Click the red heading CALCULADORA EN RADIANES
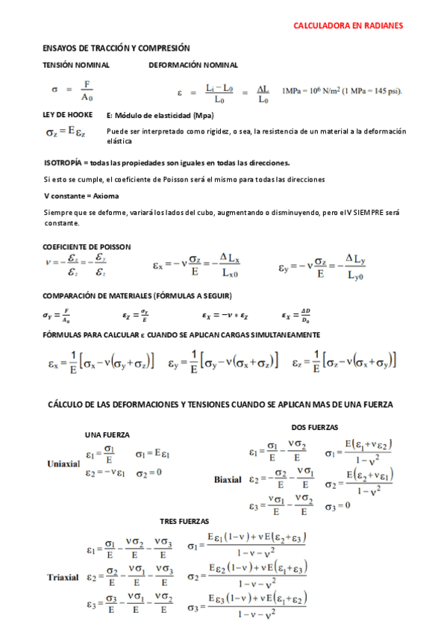point(348,25)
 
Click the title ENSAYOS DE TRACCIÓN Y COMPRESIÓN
point(116,48)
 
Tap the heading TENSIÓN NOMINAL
point(75,65)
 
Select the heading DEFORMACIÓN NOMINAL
point(193,65)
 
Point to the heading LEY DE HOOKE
point(68,115)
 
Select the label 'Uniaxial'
point(63,463)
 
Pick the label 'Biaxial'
point(228,478)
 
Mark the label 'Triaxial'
point(63,577)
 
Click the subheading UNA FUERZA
point(107,434)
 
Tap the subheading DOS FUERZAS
point(314,427)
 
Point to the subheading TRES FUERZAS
point(184,520)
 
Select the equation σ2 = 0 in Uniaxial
point(149,473)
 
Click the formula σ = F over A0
point(74,90)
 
